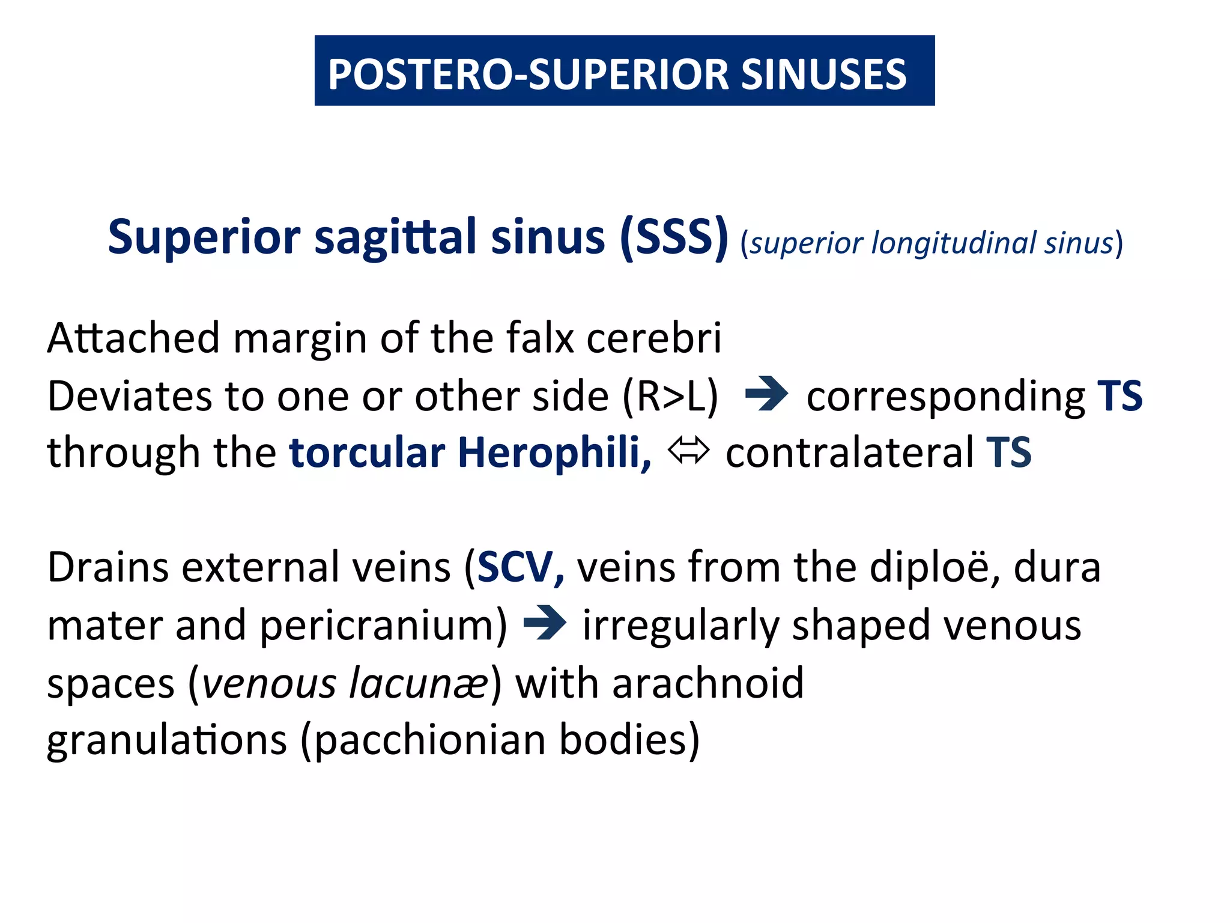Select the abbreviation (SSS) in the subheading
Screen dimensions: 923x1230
(674, 237)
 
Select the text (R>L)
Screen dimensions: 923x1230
(670, 396)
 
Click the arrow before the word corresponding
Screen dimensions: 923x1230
(766, 394)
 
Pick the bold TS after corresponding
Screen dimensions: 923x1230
(1119, 396)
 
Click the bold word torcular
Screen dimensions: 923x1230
(367, 452)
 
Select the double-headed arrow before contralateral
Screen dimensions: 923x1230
(688, 451)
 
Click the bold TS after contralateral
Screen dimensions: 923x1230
(1008, 452)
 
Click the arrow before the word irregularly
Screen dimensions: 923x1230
(545, 623)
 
